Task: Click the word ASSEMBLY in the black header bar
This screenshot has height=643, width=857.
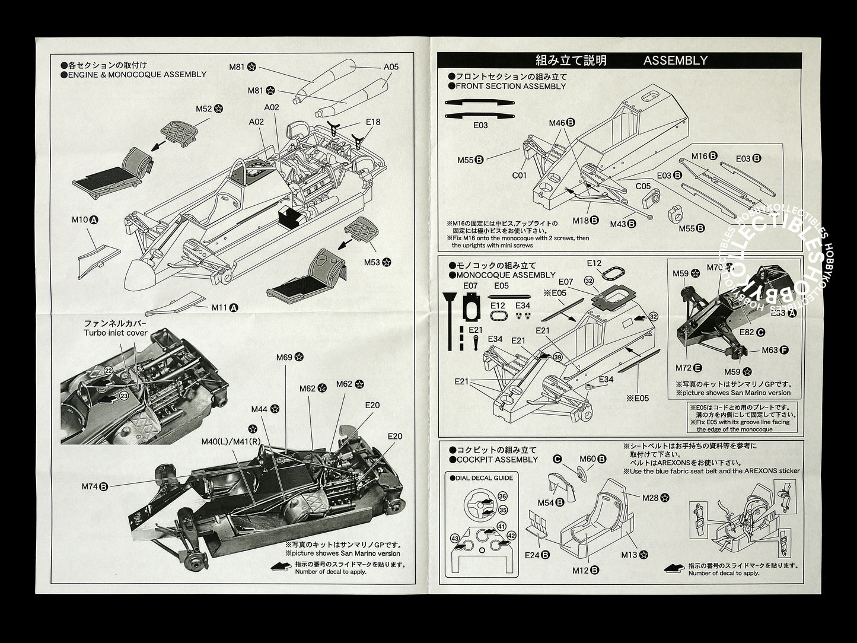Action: pyautogui.click(x=675, y=60)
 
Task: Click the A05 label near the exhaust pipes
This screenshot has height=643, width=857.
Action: pyautogui.click(x=391, y=67)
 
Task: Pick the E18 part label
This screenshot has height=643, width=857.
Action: pyautogui.click(x=373, y=122)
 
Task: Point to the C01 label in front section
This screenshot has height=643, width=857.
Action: pyautogui.click(x=520, y=175)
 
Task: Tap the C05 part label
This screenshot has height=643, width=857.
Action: pyautogui.click(x=643, y=185)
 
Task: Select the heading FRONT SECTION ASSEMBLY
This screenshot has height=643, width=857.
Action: pyautogui.click(x=510, y=86)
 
